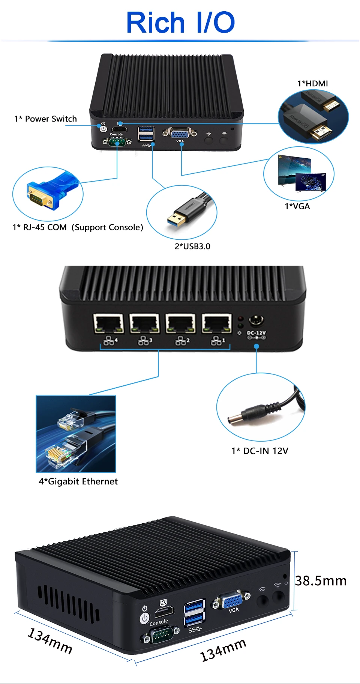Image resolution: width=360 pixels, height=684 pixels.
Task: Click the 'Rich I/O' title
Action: (x=180, y=23)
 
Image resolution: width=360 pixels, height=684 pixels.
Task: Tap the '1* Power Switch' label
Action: (x=45, y=119)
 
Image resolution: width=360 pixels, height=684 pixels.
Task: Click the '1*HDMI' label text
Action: (x=312, y=84)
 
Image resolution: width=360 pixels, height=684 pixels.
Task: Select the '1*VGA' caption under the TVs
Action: (x=297, y=206)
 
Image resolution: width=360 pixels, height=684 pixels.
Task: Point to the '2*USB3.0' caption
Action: (x=192, y=247)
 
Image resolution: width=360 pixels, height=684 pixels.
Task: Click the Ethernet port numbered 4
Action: (x=108, y=324)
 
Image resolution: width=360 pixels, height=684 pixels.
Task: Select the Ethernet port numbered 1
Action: (x=217, y=324)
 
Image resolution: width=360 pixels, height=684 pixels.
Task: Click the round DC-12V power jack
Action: (x=256, y=321)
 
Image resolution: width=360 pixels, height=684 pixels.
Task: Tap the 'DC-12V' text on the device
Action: (x=256, y=333)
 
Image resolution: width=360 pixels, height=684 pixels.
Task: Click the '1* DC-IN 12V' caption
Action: (x=259, y=451)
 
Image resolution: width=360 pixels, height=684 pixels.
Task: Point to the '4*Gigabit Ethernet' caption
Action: (x=78, y=481)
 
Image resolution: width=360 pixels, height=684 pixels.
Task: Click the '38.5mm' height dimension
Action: (x=321, y=581)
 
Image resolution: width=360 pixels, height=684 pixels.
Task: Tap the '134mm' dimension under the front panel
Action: (x=223, y=650)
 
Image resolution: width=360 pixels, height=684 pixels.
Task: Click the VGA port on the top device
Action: (x=180, y=133)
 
